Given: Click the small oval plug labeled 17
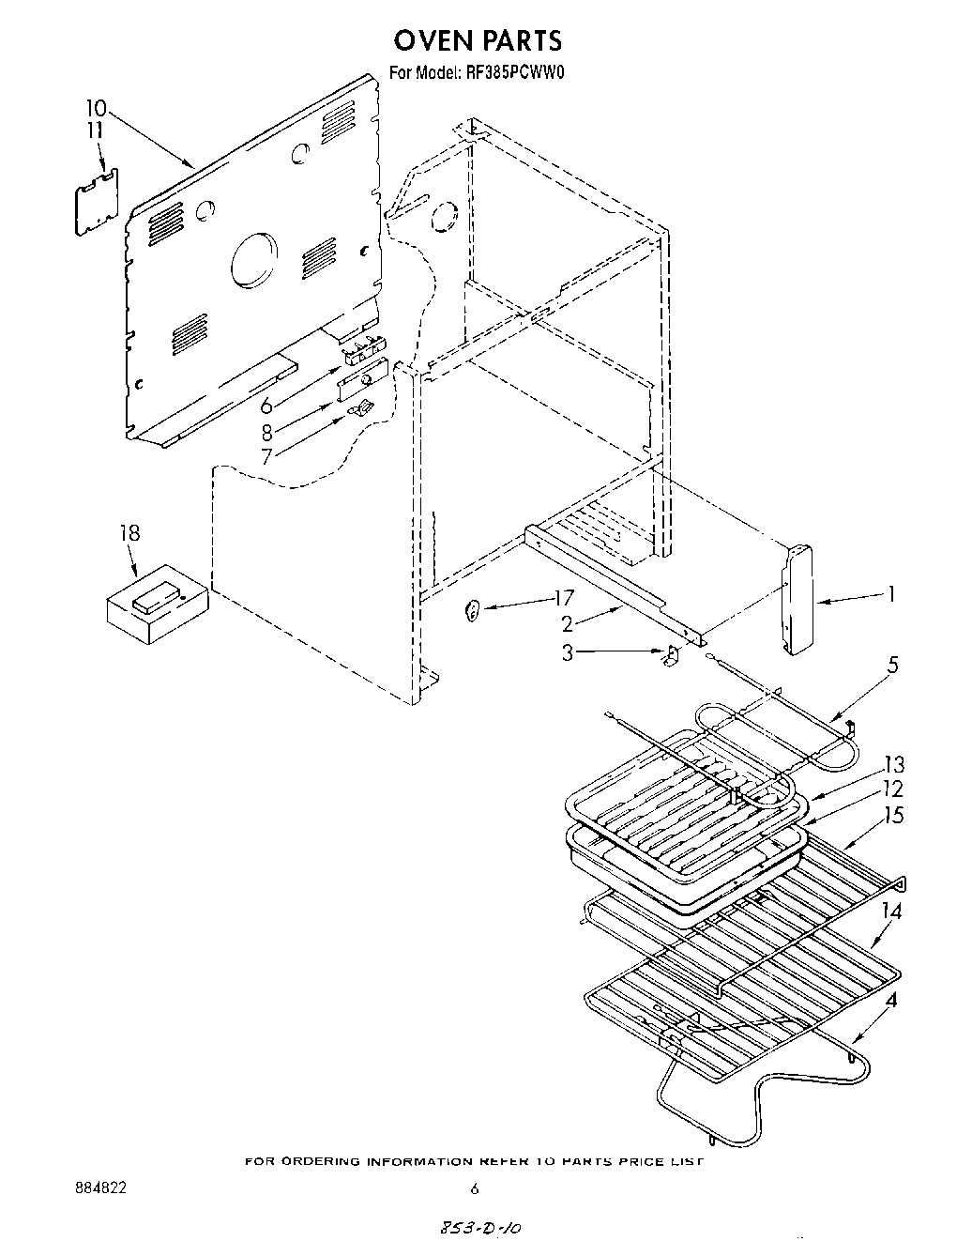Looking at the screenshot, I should pyautogui.click(x=473, y=611).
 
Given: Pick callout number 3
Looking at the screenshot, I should pyautogui.click(x=568, y=651).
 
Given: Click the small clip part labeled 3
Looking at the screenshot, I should pyautogui.click(x=670, y=656).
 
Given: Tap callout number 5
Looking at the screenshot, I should pyautogui.click(x=891, y=666).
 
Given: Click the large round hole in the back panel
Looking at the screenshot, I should pyautogui.click(x=254, y=260).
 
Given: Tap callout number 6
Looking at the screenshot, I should pyautogui.click(x=266, y=406).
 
